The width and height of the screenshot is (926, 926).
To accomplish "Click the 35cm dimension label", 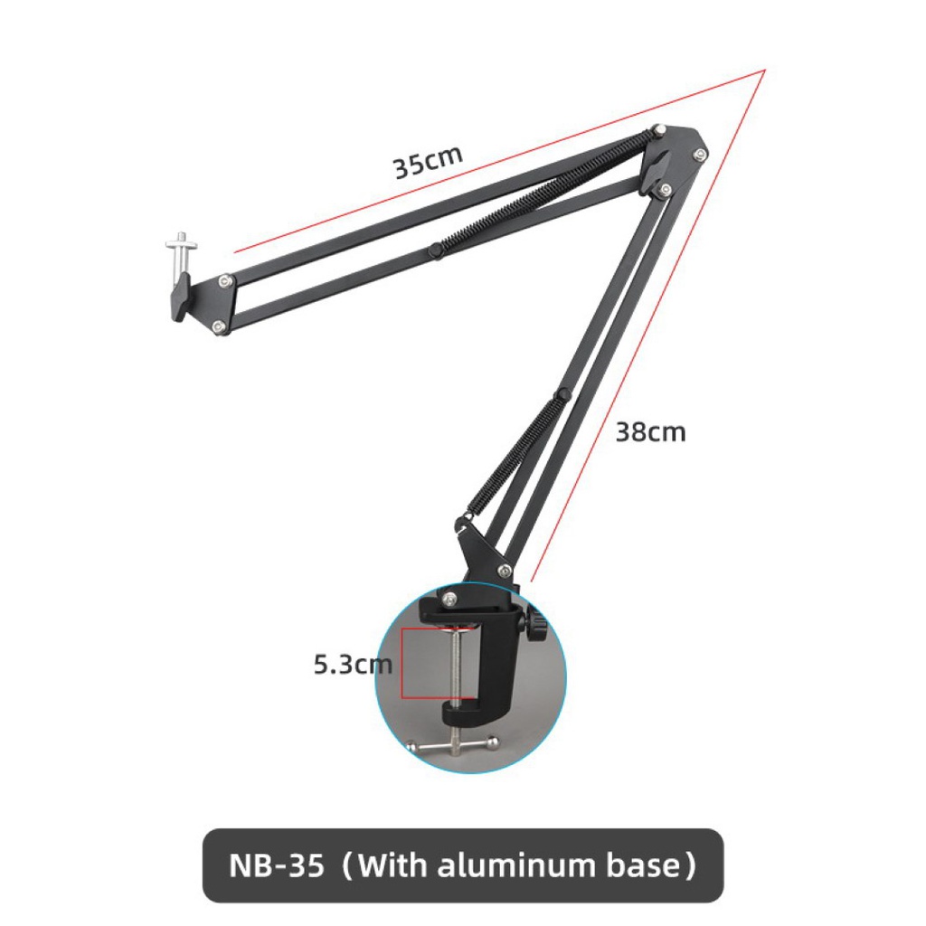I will pyautogui.click(x=427, y=162).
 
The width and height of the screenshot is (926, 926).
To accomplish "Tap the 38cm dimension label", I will pyautogui.click(x=650, y=432).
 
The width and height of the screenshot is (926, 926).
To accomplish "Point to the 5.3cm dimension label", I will pyautogui.click(x=353, y=665).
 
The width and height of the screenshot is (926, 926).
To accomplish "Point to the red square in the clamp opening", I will pyautogui.click(x=430, y=664).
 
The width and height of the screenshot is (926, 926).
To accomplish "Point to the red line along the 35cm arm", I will pyautogui.click(x=497, y=161).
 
